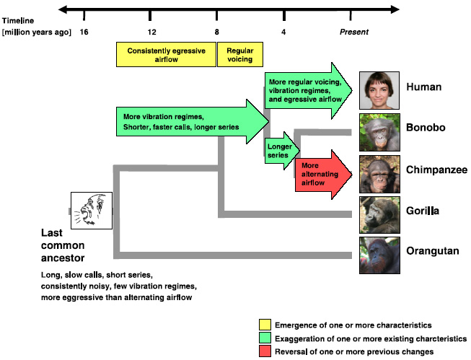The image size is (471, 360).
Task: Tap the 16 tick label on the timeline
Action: coord(84,32)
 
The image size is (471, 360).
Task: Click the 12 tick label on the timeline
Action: coord(151,32)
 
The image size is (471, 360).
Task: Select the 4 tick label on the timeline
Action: coord(283,32)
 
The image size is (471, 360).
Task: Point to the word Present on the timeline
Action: coord(354,32)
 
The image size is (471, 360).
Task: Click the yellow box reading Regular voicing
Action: coord(239,55)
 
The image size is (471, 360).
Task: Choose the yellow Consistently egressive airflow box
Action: coord(167,55)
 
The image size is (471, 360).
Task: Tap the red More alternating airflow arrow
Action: coord(322,173)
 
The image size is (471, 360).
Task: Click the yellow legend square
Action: coord(265,325)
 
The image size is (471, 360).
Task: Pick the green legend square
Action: coord(265,338)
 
